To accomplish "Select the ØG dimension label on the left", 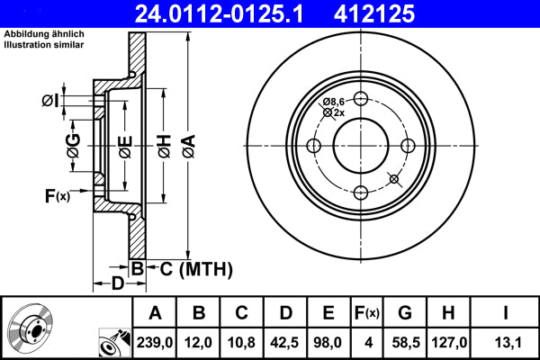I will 72,146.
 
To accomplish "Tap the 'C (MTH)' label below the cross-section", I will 190,268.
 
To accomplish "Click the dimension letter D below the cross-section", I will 118,284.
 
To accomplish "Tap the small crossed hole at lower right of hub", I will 392,179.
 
